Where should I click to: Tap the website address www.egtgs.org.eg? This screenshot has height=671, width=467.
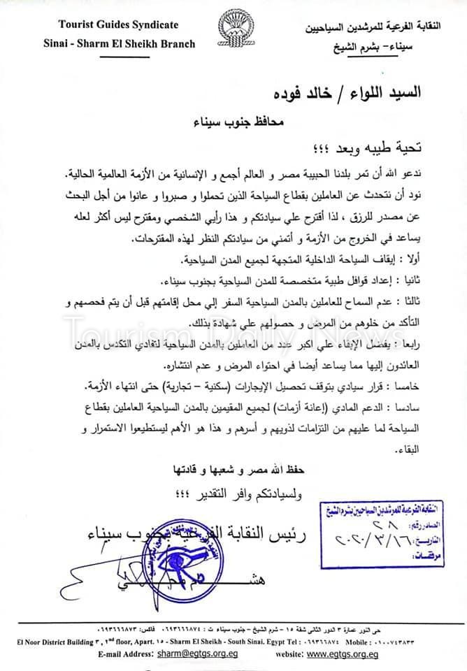(x=343, y=654)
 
